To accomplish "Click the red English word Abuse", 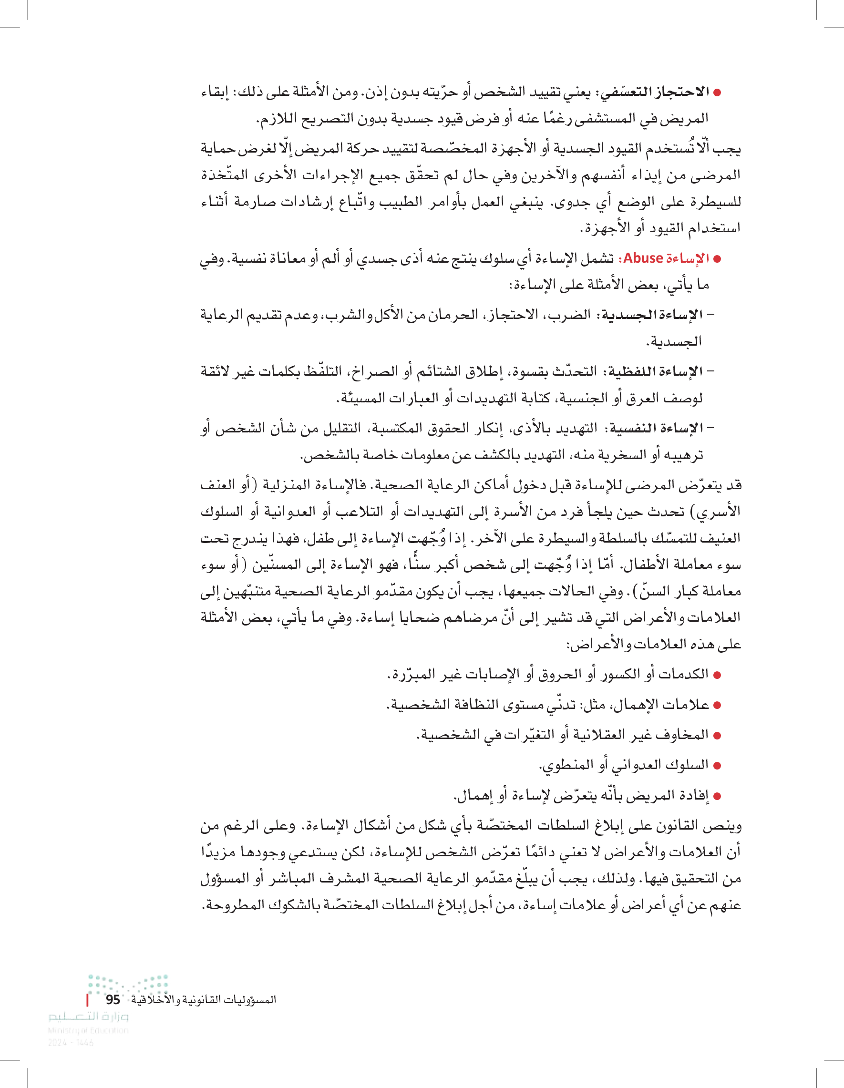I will [643, 258].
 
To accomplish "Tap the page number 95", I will [113, 999].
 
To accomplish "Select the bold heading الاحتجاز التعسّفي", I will [654, 92].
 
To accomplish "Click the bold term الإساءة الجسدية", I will [652, 315].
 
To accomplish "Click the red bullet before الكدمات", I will [718, 675].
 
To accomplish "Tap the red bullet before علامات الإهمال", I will [718, 706].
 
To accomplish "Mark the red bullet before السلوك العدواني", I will [718, 766].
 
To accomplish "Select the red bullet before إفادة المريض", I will [718, 796].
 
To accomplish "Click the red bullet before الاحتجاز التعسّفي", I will [718, 92].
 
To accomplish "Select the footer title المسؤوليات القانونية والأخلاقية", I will [204, 999].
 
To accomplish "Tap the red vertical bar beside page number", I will [87, 999].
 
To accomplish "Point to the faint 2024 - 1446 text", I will [70, 1042].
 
